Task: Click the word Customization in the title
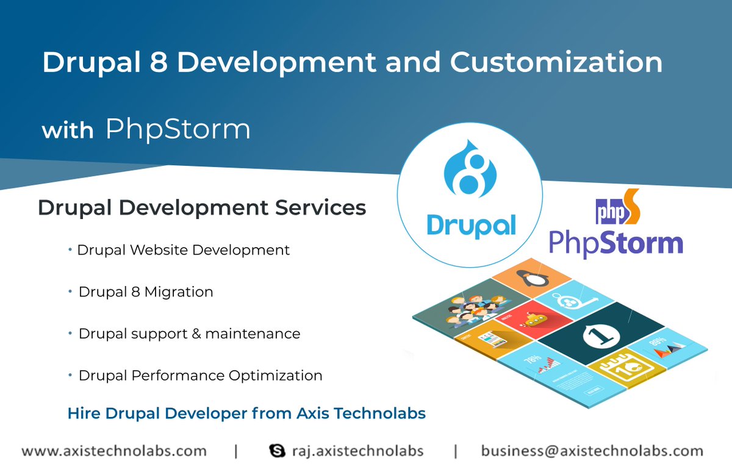click(556, 63)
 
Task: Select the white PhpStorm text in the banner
click(178, 129)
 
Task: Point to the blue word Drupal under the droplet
click(471, 224)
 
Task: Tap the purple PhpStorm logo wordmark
click(615, 242)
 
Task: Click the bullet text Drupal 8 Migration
click(146, 292)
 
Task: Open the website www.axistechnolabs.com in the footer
click(114, 451)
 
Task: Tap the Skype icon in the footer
click(277, 451)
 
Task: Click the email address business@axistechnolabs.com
click(592, 451)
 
